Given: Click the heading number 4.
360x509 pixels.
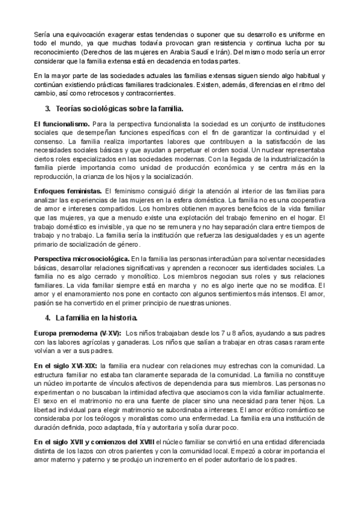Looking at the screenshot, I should (x=47, y=317).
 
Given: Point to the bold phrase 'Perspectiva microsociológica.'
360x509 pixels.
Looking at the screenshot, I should (x=82, y=258).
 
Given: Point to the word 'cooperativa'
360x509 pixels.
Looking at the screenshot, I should (x=304, y=199).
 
